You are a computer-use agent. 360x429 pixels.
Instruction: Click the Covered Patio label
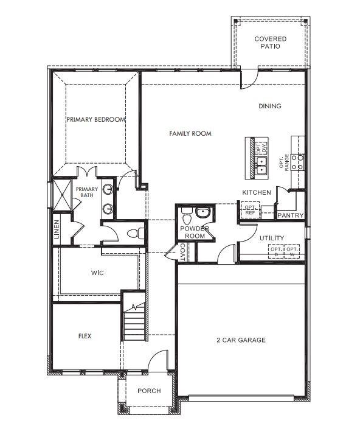270,42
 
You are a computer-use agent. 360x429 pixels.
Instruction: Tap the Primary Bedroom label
96,120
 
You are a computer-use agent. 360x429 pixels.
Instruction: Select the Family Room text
190,133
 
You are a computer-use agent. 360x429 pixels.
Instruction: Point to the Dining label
270,106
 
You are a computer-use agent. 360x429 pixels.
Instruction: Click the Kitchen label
257,192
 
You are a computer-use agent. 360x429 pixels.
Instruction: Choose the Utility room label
271,237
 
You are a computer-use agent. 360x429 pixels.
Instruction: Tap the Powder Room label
195,232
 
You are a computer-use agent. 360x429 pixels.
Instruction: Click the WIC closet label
97,273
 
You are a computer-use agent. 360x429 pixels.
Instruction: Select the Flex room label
85,336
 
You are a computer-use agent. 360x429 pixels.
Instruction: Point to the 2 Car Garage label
241,340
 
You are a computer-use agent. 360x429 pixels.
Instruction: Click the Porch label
149,391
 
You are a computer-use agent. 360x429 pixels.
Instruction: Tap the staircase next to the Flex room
134,319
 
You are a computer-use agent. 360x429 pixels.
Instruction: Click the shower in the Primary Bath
63,194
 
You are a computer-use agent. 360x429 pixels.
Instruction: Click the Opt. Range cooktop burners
297,161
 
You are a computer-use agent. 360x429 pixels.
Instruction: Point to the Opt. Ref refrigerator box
250,209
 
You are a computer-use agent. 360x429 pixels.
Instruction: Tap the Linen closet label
57,229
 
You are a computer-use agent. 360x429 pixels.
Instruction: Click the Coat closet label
182,251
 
